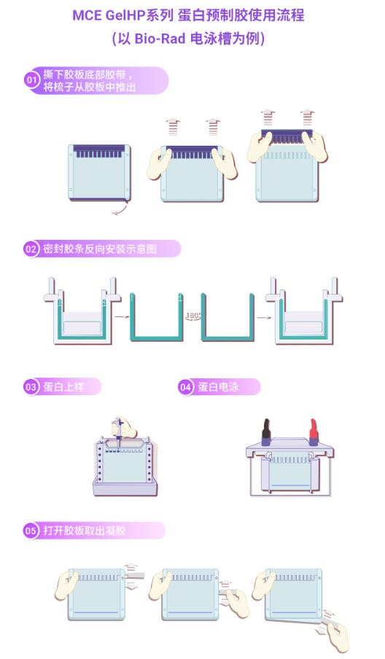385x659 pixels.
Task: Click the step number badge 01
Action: [32, 80]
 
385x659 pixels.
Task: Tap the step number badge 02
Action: [31, 249]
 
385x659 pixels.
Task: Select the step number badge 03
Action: [31, 386]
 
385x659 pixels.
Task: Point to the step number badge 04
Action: [185, 387]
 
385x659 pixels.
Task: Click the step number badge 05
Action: [31, 531]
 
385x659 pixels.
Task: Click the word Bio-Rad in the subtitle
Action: [160, 39]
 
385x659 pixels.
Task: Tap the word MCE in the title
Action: [87, 15]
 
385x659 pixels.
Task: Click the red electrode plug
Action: [313, 432]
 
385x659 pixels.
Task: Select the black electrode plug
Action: [266, 432]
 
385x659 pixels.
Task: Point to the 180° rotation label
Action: [193, 315]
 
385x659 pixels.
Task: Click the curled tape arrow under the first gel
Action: [120, 208]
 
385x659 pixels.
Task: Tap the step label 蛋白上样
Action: [64, 386]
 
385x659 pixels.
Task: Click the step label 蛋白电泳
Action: [219, 386]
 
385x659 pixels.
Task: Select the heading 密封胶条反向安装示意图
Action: [100, 249]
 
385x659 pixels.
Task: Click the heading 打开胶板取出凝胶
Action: [84, 531]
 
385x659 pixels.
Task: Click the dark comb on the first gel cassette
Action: [100, 151]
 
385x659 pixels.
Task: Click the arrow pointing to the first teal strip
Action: [122, 317]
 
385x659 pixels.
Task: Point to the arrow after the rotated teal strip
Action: [264, 317]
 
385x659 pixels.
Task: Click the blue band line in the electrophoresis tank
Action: [291, 486]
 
